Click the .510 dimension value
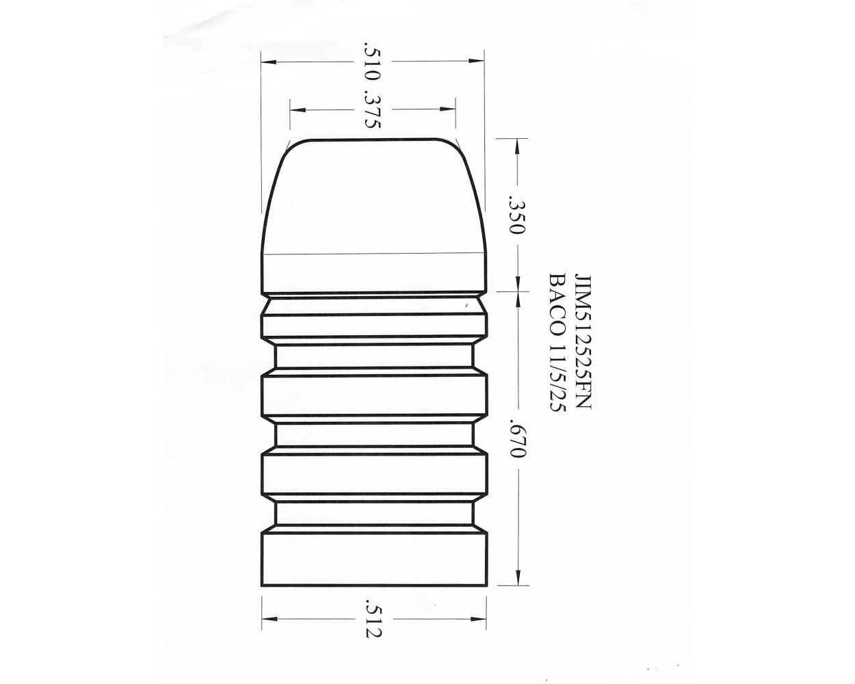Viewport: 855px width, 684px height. (x=372, y=62)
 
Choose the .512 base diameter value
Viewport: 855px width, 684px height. (x=372, y=620)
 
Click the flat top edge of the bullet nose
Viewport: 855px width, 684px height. (x=373, y=138)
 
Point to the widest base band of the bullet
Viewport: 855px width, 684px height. (x=374, y=560)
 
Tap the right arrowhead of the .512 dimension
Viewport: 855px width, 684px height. (x=483, y=620)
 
